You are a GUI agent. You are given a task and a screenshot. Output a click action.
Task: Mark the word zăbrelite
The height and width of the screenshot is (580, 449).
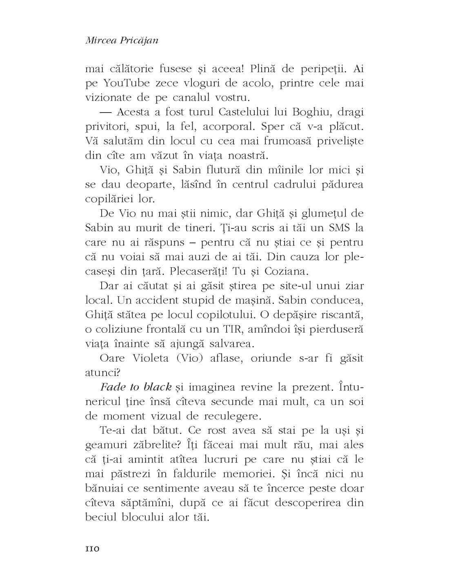pyautogui.click(x=149, y=445)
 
